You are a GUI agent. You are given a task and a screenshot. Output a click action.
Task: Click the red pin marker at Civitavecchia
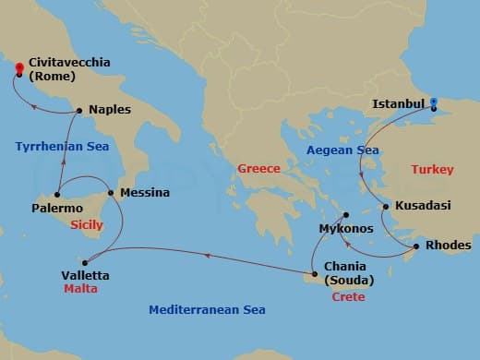coord(18,68)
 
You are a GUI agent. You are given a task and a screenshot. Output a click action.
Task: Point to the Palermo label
coord(56,209)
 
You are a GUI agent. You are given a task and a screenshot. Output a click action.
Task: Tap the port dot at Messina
coord(111,194)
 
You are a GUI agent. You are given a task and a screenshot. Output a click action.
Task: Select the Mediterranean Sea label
coord(207,310)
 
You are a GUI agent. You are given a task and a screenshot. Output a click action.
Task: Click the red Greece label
coord(258,169)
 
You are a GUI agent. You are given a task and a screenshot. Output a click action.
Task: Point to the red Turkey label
coord(433,169)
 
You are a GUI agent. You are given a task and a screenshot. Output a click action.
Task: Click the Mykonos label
coord(345,227)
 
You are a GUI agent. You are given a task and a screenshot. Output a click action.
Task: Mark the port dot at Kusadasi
coord(385,206)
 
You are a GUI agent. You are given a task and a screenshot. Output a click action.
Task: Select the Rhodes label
coord(448,246)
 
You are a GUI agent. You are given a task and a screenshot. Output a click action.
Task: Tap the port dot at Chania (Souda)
coord(307,270)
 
